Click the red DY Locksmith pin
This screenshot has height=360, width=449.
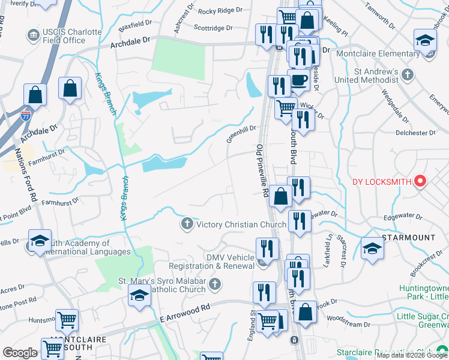point(420,181)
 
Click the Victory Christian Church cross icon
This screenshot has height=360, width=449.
point(187,224)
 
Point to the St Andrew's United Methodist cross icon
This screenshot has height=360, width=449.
point(408,75)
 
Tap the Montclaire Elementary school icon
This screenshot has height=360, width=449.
point(425,42)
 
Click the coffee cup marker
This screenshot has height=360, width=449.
point(298,80)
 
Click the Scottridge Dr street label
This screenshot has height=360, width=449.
point(213,28)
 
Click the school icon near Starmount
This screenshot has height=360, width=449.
point(372,249)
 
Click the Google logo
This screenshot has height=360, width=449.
point(20,353)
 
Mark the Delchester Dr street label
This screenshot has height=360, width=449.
point(415,133)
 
